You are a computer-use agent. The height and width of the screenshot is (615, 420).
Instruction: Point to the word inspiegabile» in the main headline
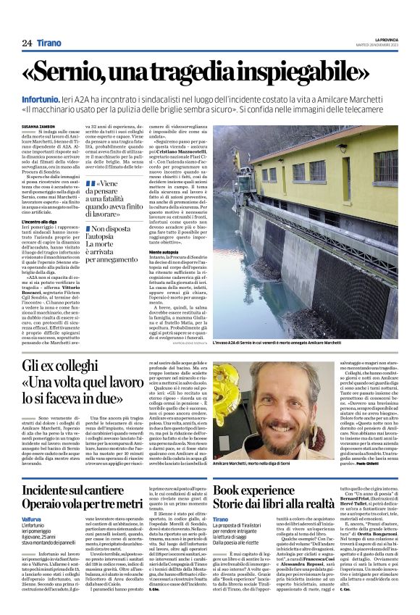318,73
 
